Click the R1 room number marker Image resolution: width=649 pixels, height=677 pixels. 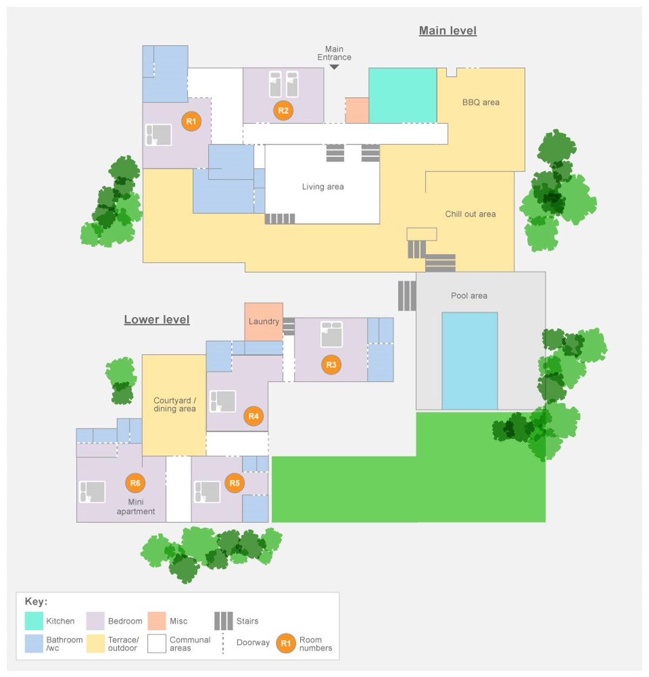pos(191,122)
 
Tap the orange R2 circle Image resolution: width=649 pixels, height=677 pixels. pos(283,111)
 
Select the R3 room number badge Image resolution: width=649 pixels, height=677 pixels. pos(331,364)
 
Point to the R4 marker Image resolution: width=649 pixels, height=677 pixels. pos(253,416)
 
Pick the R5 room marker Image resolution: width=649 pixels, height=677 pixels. pos(234,483)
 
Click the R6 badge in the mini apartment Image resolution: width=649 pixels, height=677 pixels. pos(135,483)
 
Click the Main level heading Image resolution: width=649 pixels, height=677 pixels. pos(447,31)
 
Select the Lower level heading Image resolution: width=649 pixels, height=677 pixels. pos(157,320)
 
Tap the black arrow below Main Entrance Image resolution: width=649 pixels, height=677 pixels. pos(334,67)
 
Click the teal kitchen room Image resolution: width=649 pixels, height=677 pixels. pos(402,95)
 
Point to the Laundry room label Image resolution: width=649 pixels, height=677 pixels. pos(264,321)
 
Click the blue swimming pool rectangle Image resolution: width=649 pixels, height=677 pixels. pos(469,361)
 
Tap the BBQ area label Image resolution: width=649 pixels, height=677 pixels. pos(481,102)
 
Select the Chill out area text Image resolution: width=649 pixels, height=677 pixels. pos(470,214)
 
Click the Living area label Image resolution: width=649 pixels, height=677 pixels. pos(322,187)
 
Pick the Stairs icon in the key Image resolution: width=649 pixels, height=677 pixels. pos(223,621)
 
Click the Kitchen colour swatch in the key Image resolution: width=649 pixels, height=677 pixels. pos(34,621)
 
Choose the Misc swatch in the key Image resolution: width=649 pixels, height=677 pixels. pos(157,621)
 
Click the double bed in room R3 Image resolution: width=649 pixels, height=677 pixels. pos(332,334)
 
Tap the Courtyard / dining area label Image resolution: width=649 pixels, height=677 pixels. pos(174,404)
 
